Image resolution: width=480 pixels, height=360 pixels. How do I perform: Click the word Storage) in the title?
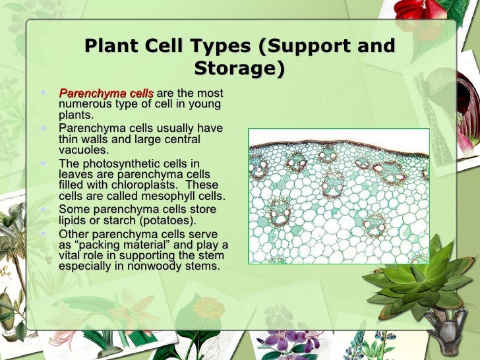240,69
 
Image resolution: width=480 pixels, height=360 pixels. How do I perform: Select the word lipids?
74,220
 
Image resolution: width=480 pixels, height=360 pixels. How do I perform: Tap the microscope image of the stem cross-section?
339,196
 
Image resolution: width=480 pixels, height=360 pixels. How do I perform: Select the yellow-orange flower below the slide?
209,308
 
